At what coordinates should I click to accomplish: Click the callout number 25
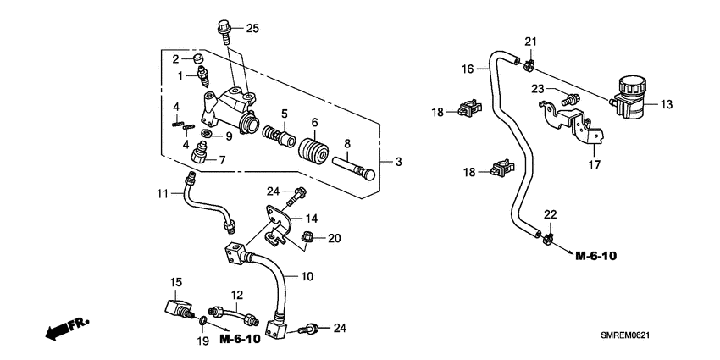click(x=252, y=29)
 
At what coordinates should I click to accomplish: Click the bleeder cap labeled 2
click(x=200, y=60)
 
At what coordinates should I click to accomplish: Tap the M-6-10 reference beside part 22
click(x=598, y=255)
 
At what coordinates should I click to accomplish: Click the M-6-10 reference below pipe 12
click(x=241, y=340)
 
